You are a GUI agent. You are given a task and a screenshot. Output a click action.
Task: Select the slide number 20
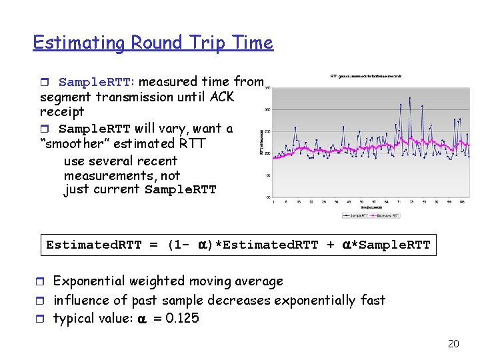(x=453, y=344)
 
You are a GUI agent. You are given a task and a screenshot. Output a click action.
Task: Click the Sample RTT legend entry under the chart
(x=355, y=215)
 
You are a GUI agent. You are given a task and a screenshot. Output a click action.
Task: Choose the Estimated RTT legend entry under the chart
(x=387, y=215)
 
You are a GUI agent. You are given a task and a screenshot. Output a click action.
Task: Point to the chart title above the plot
(x=365, y=77)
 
